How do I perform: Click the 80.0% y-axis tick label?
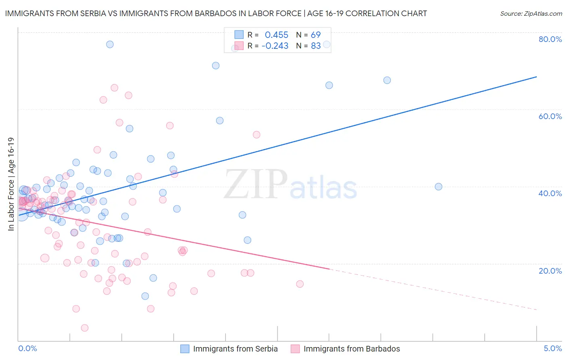click(x=550, y=39)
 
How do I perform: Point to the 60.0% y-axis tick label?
click(x=550, y=116)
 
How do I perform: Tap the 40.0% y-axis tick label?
click(x=550, y=193)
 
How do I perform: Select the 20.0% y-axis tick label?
click(x=550, y=270)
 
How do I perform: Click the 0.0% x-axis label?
click(x=27, y=348)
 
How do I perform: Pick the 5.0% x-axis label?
click(x=552, y=348)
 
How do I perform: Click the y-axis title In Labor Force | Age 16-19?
click(x=11, y=184)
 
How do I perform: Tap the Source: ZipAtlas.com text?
click(x=531, y=14)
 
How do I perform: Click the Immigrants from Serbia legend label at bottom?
click(x=235, y=349)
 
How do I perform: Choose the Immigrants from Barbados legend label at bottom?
click(x=352, y=349)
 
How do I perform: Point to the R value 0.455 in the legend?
click(x=276, y=35)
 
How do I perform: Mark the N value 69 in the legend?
click(x=315, y=35)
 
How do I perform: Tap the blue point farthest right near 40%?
click(x=438, y=186)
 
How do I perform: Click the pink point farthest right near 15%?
click(x=300, y=284)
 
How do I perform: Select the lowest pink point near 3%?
click(x=85, y=328)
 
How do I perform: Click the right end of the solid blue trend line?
click(x=536, y=76)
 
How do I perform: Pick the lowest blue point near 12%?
click(x=145, y=296)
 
